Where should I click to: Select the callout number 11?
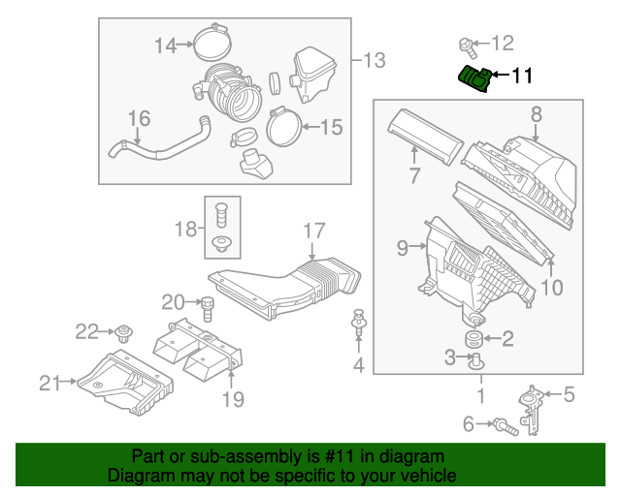click(x=522, y=75)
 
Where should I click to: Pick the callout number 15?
click(x=331, y=126)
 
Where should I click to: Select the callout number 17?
click(x=312, y=231)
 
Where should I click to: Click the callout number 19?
click(x=233, y=398)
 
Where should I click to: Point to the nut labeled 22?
click(x=123, y=334)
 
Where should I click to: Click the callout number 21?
click(x=49, y=383)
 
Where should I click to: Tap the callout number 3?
click(x=450, y=358)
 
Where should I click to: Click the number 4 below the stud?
click(x=358, y=365)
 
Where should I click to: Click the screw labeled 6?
click(x=502, y=423)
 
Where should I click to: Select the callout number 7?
click(x=414, y=175)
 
